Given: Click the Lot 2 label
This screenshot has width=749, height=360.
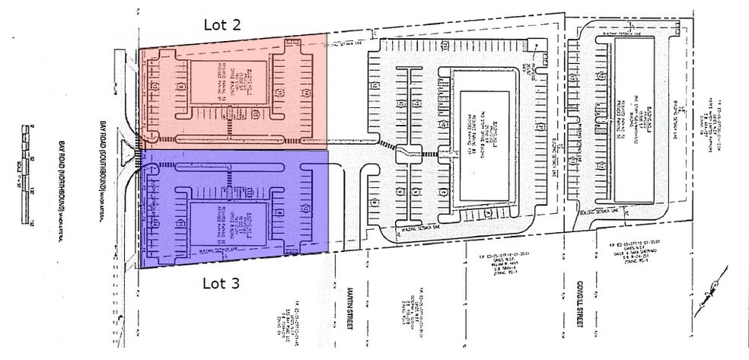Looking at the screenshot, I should (222, 24).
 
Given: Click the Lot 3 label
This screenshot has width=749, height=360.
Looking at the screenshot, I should (222, 284).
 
